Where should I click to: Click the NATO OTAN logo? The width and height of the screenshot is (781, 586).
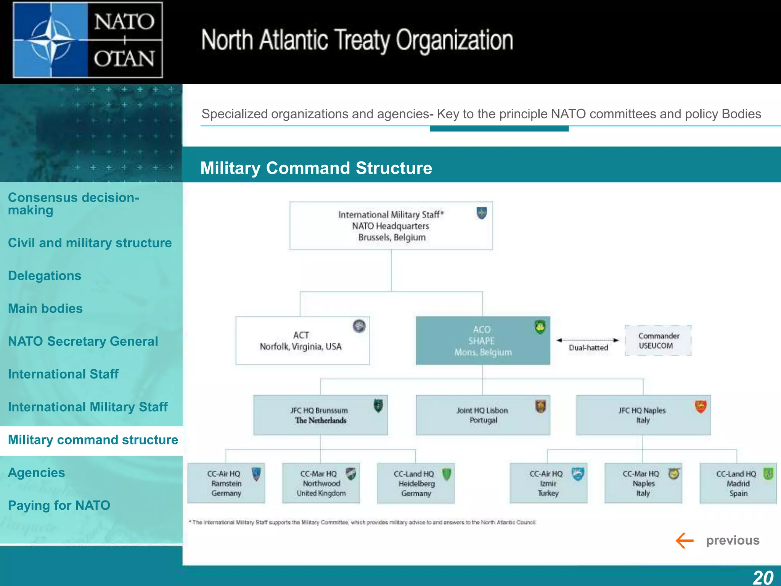coord(88,40)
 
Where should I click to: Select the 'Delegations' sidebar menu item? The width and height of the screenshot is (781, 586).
coord(45,276)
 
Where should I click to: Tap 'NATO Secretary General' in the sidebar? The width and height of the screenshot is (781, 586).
coord(83,341)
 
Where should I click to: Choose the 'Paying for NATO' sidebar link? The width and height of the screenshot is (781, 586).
coord(59,506)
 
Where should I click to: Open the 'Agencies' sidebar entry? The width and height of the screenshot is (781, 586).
coord(37,473)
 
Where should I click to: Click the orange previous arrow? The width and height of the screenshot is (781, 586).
coord(684,541)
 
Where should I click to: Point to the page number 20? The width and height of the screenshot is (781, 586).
coord(763,577)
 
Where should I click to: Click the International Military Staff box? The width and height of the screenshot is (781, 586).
coord(391,226)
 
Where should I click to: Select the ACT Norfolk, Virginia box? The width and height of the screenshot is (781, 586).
coord(302,341)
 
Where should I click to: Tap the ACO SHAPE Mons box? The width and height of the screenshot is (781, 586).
coord(482,341)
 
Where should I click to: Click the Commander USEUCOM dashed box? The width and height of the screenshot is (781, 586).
coord(658,341)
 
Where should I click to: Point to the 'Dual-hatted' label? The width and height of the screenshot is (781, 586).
coord(588,348)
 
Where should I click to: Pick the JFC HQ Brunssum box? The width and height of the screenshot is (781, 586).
coord(320,415)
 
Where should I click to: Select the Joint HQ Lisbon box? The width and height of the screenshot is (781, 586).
coord(483,415)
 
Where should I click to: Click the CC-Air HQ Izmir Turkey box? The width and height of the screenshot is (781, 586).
coord(548,483)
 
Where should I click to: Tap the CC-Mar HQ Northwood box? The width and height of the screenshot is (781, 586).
coord(321,483)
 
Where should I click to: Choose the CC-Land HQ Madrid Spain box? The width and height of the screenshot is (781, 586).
coord(738,483)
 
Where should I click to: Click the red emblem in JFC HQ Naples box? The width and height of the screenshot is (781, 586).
coord(701,407)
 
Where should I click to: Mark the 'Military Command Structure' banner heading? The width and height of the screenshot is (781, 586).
coord(316,168)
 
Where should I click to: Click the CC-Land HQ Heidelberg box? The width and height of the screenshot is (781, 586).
coord(416,483)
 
